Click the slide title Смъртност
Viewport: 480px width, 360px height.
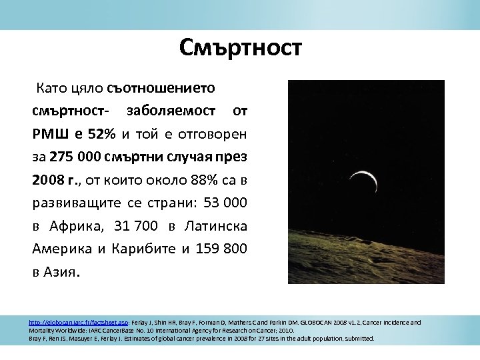click(x=240, y=48)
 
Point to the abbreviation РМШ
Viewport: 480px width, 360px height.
click(x=49, y=134)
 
